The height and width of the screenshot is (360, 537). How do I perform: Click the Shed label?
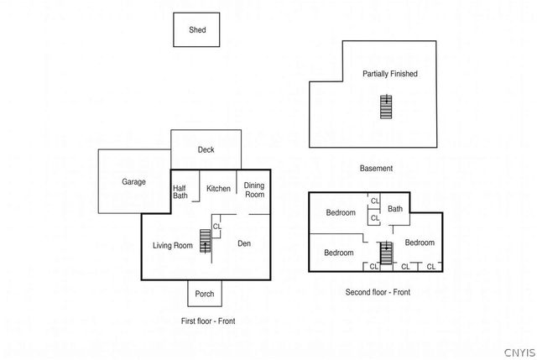[197, 30]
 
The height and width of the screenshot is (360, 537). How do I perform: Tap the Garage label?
[133, 182]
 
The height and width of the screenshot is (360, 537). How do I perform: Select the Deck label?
[206, 149]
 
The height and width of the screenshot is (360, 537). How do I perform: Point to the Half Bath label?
[180, 192]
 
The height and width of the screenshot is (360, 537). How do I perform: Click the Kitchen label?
[218, 189]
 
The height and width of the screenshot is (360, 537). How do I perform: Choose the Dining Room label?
[254, 190]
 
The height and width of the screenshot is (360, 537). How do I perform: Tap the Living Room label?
[173, 245]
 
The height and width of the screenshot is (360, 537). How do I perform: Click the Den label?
[244, 243]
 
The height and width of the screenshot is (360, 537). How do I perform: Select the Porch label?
[205, 294]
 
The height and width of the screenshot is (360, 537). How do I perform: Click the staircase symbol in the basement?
[386, 107]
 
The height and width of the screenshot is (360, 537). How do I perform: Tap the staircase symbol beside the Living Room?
[206, 241]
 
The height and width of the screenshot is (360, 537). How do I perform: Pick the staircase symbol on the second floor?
[387, 253]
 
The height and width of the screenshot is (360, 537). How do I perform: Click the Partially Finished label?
[390, 74]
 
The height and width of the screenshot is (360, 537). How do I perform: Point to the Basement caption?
[376, 168]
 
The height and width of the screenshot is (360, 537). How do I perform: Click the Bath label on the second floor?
[395, 209]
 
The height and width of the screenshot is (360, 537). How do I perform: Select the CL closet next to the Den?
[217, 227]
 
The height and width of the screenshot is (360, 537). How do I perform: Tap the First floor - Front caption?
[208, 321]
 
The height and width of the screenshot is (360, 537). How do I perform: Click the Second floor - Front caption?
[378, 292]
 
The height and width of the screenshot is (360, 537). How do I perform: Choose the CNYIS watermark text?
[520, 352]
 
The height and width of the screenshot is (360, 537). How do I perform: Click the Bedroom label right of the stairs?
[420, 243]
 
